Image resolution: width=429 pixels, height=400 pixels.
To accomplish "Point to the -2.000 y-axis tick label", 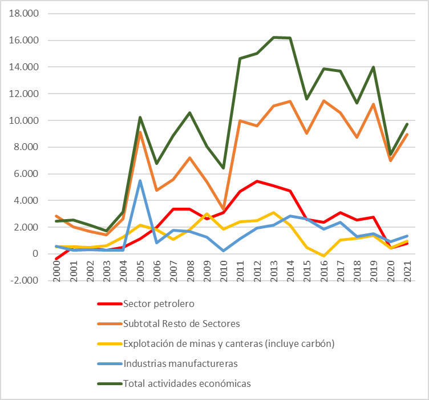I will pyautogui.click(x=26, y=280).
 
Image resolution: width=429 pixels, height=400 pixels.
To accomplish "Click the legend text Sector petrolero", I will pyautogui.click(x=155, y=304).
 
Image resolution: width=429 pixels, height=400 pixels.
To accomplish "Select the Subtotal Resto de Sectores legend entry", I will pyautogui.click(x=181, y=324).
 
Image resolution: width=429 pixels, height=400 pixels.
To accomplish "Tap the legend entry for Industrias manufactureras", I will pyautogui.click(x=181, y=363).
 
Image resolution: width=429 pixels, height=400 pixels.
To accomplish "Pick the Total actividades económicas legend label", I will pyautogui.click(x=187, y=383).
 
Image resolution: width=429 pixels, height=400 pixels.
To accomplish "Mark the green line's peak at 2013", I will pyautogui.click(x=274, y=38).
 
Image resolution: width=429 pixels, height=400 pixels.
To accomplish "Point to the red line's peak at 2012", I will pyautogui.click(x=258, y=181).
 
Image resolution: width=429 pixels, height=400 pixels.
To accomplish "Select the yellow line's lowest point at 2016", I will pyautogui.click(x=324, y=256).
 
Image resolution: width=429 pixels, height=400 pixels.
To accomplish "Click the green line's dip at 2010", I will pyautogui.click(x=224, y=168).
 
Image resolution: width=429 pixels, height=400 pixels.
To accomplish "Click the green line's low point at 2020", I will pyautogui.click(x=390, y=155).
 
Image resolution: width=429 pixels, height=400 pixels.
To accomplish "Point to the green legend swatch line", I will pyautogui.click(x=108, y=383).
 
